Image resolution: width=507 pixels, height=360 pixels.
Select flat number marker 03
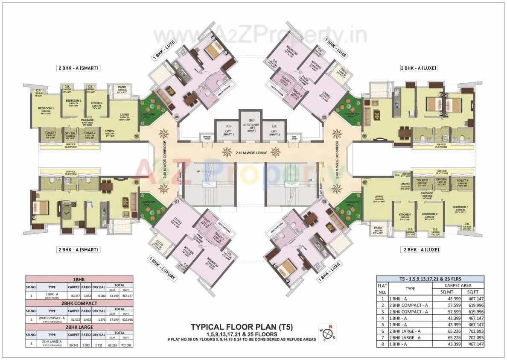137,137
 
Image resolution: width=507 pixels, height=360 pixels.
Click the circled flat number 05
324,116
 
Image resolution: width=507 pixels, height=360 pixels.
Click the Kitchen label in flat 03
96,104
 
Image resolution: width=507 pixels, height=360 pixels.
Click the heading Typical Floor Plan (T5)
242,328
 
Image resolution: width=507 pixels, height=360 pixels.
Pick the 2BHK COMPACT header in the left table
79,303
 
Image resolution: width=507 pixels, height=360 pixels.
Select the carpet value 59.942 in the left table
74,345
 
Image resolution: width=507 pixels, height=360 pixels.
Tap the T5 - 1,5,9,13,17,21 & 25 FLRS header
430,279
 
